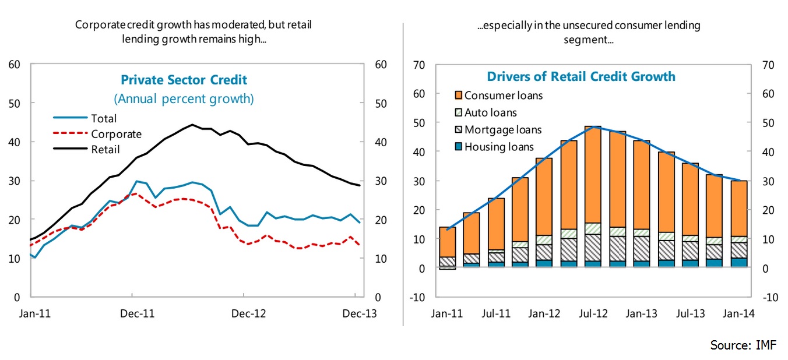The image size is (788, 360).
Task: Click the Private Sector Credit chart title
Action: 184,80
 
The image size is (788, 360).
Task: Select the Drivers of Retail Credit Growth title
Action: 581,76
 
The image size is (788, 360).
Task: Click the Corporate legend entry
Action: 116,134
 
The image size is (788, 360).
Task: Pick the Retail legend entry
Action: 105,150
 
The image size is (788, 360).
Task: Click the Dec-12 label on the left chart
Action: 249,313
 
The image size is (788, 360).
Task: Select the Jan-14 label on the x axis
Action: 737,313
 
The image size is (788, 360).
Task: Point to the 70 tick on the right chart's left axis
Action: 419,65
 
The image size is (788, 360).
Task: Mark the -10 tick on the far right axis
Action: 768,298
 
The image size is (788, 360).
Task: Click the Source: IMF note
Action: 743,345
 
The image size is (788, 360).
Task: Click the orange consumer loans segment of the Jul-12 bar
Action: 593,175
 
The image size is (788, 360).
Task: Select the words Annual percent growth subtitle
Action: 184,98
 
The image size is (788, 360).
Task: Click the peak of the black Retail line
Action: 192,125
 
